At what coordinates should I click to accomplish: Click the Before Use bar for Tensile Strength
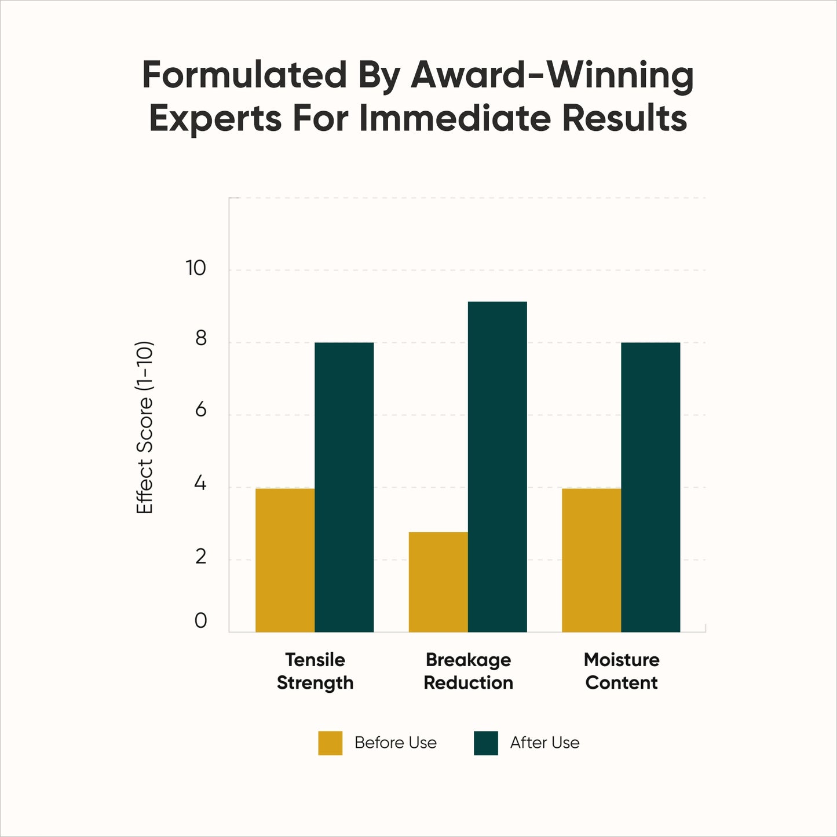[285, 560]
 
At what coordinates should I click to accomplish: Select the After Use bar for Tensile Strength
[344, 487]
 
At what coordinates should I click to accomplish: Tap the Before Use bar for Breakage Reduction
[438, 582]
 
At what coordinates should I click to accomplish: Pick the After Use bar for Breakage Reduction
[497, 467]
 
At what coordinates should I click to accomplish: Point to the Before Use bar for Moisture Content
[591, 560]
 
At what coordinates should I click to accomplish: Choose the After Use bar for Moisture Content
[650, 487]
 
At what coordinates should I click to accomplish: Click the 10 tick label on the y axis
[196, 268]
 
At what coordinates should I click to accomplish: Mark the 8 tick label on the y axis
[200, 338]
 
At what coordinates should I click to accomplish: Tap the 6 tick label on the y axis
[200, 410]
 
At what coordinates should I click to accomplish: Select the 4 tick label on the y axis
[200, 483]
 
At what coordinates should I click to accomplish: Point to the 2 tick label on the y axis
[200, 557]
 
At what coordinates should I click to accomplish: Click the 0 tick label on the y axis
[200, 621]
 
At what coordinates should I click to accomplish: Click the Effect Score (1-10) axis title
[145, 427]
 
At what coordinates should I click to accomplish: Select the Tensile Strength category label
[315, 671]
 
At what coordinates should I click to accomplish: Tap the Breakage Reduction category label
[468, 671]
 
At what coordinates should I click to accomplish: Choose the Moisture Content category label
[622, 671]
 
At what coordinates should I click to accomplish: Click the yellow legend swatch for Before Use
[330, 743]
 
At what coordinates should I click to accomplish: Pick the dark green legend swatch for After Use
[485, 743]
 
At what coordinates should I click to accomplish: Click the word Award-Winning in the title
[552, 76]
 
